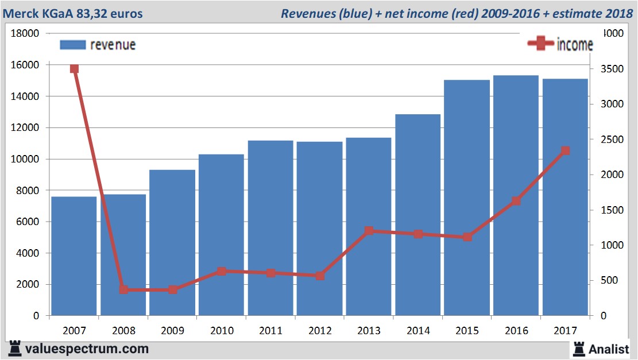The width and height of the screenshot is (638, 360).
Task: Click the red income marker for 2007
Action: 74,69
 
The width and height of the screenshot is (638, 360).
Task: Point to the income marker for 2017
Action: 565,150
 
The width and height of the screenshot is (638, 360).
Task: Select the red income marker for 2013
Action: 369,231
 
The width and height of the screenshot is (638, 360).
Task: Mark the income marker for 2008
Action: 123,289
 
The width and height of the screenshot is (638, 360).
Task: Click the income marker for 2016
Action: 516,201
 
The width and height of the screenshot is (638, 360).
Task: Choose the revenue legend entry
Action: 98,45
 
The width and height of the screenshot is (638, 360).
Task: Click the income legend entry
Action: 560,45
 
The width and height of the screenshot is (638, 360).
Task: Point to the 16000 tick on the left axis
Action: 25,65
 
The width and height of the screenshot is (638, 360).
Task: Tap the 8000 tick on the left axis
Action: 28,191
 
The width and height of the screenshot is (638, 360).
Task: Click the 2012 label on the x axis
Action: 320,331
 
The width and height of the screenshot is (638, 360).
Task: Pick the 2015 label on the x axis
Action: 467,331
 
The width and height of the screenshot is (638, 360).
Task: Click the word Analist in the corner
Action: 608,349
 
